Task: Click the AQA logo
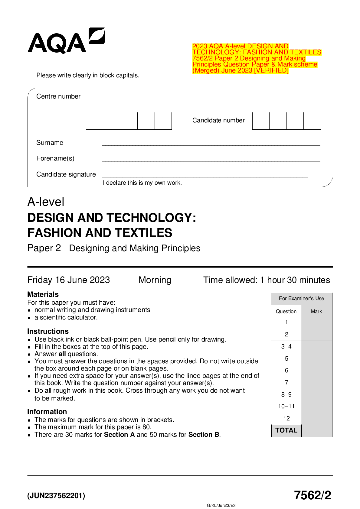point(66,41)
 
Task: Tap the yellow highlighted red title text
point(257,58)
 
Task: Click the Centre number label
point(58,96)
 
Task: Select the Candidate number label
point(218,120)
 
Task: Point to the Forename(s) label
point(55,158)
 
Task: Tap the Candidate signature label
point(66,174)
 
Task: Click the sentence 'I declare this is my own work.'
point(142,183)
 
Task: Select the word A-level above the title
point(46,202)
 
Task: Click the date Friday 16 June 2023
point(69,280)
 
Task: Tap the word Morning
point(155,280)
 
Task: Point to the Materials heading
point(43,294)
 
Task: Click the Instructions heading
point(48,331)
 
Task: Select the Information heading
point(47,412)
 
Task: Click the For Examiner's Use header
point(301,299)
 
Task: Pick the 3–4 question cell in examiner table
point(286,347)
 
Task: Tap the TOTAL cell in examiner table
point(286,430)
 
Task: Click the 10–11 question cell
point(286,407)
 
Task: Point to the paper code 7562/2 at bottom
point(313,495)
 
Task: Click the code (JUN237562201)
point(56,496)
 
